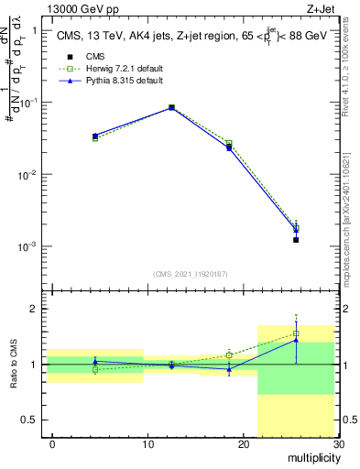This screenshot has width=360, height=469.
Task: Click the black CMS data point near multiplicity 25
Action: (296, 240)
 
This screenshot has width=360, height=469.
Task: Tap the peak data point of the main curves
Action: (171, 107)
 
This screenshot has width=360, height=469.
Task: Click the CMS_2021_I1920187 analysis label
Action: (191, 274)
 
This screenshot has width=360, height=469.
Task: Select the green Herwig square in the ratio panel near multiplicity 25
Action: (296, 333)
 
